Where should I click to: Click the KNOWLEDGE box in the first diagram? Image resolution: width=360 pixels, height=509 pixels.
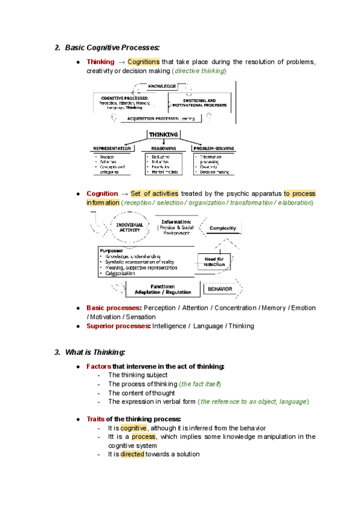pos(163,86)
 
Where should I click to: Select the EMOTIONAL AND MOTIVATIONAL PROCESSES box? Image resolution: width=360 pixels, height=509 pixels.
pos(202,103)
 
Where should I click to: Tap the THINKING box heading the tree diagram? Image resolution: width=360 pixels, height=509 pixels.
pos(163,134)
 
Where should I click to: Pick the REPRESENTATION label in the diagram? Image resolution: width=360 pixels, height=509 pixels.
pos(112,148)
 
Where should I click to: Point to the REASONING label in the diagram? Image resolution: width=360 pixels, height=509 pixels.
pos(163,148)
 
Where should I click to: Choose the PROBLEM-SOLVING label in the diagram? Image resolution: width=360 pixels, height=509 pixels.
pos(214,148)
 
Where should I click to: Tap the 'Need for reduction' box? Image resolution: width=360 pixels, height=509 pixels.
pos(214,261)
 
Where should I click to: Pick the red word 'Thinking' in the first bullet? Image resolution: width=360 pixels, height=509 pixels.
pos(100,62)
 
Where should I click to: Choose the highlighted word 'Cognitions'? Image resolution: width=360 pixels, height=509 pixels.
pos(144,62)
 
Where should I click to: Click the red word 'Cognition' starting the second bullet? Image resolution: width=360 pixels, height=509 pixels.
pos(102,194)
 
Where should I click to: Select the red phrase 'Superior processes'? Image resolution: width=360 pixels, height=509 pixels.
pos(118,326)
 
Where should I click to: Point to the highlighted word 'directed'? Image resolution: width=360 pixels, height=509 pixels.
pos(132,454)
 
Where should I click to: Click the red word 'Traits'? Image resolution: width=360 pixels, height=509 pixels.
pos(97,418)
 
